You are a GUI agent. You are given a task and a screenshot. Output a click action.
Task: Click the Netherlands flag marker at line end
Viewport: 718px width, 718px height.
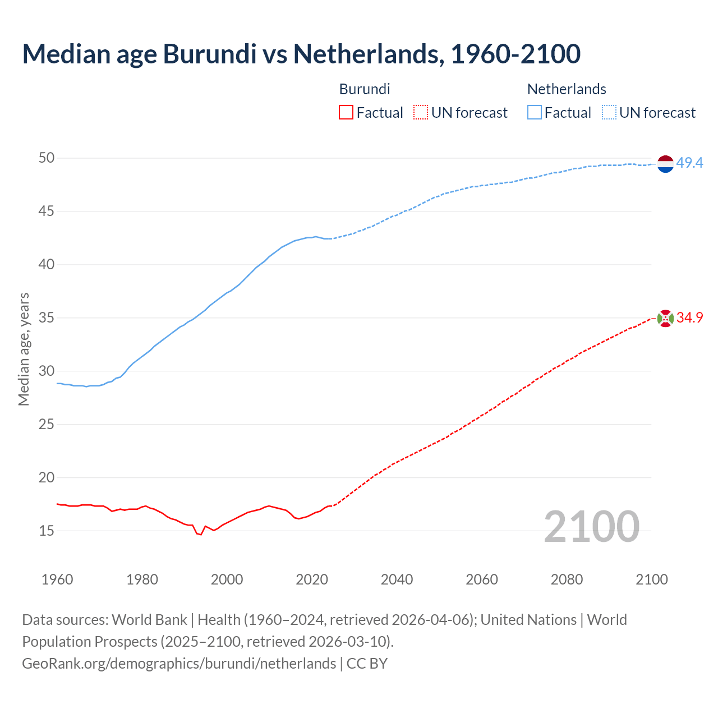click(665, 164)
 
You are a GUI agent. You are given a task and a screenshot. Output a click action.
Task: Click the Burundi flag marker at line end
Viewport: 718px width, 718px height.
click(665, 318)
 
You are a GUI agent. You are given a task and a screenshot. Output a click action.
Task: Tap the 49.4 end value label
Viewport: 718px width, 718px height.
click(689, 163)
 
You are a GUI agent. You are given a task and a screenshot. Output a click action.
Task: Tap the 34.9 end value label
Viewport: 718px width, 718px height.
click(689, 318)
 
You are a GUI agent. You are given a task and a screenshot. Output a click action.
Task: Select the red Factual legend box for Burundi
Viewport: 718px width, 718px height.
click(346, 113)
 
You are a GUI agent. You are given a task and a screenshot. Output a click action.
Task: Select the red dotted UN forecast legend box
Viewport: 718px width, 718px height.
click(421, 113)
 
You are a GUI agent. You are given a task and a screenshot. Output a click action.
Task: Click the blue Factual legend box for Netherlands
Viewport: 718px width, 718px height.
click(534, 113)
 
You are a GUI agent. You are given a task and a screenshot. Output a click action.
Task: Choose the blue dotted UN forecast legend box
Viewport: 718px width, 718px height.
click(609, 113)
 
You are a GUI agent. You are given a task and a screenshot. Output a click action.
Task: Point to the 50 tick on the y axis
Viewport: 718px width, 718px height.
click(47, 158)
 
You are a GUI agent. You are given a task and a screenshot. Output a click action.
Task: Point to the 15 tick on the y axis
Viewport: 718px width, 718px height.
click(47, 531)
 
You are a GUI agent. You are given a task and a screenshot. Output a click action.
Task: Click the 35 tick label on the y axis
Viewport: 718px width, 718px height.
click(47, 318)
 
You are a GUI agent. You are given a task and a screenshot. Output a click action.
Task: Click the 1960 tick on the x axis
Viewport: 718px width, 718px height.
click(57, 579)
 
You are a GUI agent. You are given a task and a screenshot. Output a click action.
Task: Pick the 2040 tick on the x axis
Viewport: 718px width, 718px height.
click(397, 579)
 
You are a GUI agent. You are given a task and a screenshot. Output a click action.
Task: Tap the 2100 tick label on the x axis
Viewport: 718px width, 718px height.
click(652, 579)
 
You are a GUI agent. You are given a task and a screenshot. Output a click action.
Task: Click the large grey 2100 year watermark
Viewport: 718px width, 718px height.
click(591, 527)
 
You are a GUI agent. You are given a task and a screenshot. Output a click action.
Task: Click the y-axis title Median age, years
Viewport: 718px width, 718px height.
click(24, 349)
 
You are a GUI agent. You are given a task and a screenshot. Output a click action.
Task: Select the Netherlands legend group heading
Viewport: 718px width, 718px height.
click(567, 89)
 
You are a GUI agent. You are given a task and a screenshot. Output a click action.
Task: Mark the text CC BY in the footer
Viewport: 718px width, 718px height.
click(367, 664)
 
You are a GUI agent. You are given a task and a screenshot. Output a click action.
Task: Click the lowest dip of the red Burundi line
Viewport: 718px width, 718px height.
click(200, 535)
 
